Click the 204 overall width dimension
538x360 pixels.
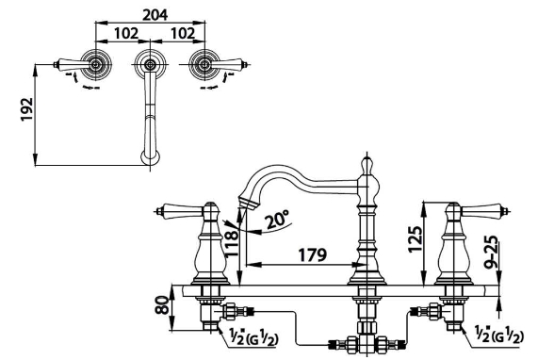[155, 15]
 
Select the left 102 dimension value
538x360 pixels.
[126, 33]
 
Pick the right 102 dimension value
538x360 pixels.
[183, 33]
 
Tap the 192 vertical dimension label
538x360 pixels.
[26, 109]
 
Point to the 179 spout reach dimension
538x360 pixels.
[312, 254]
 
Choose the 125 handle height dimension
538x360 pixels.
[415, 239]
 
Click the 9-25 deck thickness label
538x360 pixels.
[493, 252]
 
